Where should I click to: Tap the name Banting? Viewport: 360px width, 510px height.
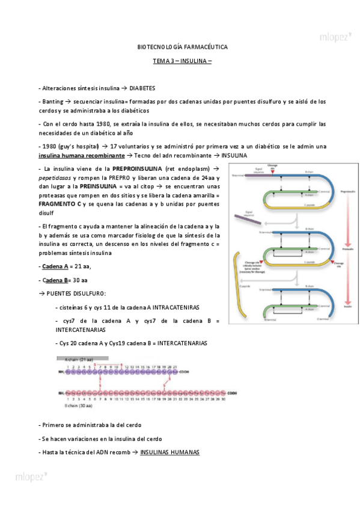pos(50,102)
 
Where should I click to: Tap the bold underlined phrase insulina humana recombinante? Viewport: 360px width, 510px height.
pos(81,155)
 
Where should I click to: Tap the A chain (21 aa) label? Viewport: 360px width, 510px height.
pos(75,358)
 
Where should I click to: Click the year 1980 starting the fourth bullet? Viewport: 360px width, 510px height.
pos(48,146)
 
